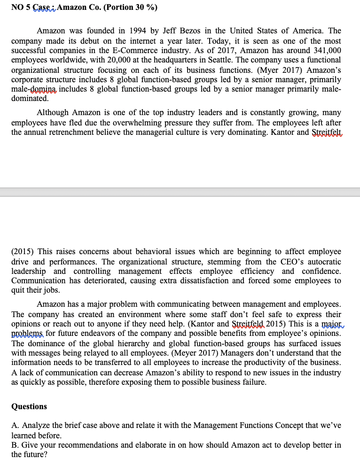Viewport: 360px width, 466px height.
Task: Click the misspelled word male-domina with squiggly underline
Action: [x=34, y=89]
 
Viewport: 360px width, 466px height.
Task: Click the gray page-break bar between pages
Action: [x=180, y=193]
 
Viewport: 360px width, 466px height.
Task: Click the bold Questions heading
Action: [x=29, y=406]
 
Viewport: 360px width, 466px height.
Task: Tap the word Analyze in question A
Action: [x=33, y=425]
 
